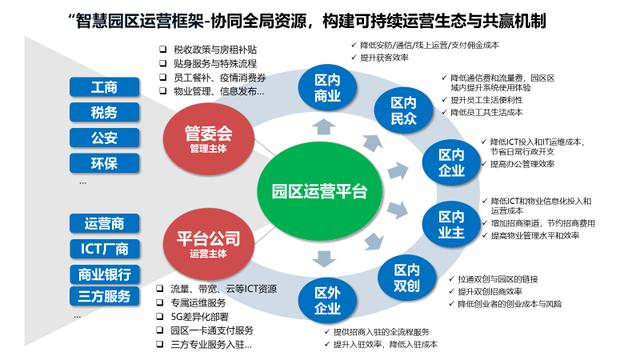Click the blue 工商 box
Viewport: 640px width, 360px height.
point(103,88)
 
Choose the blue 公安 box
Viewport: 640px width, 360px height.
point(103,138)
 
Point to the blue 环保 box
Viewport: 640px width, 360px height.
point(103,163)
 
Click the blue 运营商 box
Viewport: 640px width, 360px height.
point(103,222)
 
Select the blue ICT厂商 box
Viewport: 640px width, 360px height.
point(103,247)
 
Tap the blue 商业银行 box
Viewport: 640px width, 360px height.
point(103,272)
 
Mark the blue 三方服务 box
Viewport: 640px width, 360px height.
point(103,296)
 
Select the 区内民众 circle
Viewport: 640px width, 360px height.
point(403,110)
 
